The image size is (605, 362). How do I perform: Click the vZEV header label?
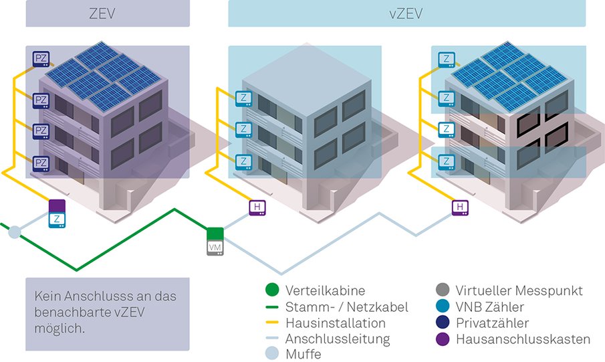(406, 13)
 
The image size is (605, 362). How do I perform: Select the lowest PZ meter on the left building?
(41, 163)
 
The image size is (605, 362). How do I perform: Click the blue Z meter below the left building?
(57, 219)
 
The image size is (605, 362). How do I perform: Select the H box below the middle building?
(257, 208)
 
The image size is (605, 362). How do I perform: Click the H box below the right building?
(460, 208)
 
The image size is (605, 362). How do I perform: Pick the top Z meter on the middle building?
(243, 98)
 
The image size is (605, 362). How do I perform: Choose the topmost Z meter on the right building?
(445, 60)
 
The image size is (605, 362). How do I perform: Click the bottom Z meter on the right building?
(445, 161)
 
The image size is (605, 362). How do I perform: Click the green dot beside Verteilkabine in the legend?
(271, 291)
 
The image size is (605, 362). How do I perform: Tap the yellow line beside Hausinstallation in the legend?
(271, 323)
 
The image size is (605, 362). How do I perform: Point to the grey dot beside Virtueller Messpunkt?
(441, 291)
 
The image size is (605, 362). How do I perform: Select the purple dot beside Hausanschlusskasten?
(441, 339)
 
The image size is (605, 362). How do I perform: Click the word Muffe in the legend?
(303, 354)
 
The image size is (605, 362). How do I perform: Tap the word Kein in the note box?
(46, 297)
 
